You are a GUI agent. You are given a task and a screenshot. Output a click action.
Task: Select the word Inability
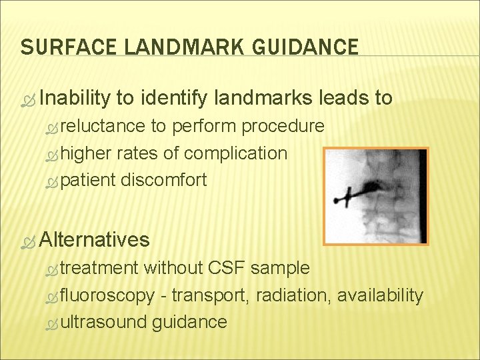point(74,99)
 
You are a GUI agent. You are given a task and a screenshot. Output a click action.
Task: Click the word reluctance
point(103,126)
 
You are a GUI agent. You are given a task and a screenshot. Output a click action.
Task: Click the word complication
point(235,153)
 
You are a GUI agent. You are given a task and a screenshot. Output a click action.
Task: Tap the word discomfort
point(164,179)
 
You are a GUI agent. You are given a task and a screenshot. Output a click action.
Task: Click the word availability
point(380,295)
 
